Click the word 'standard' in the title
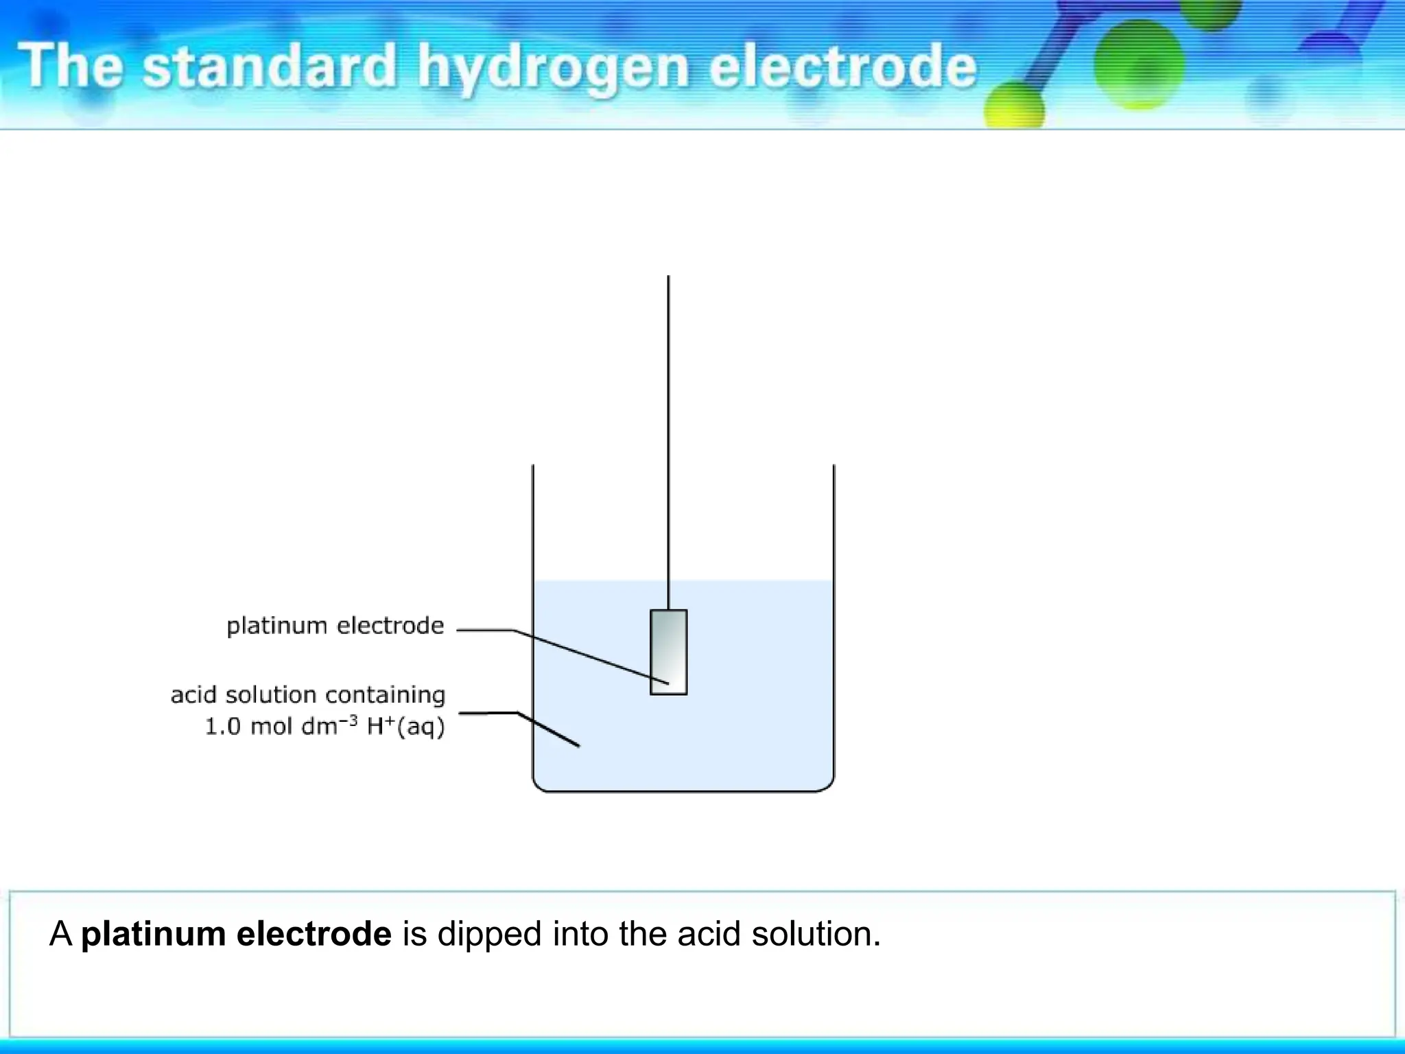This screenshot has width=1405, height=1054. click(x=269, y=67)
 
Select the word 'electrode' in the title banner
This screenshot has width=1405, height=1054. click(x=842, y=67)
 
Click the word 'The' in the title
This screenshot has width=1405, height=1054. click(x=71, y=66)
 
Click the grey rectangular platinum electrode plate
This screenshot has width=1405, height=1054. click(x=668, y=652)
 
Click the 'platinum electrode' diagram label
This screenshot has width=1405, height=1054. click(x=335, y=626)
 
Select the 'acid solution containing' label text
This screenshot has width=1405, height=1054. click(x=308, y=694)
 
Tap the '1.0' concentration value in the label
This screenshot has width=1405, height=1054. click(x=223, y=726)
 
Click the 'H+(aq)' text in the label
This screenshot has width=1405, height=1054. click(x=405, y=726)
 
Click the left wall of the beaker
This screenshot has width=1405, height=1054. click(x=533, y=618)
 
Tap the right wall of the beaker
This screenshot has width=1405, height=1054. click(x=834, y=618)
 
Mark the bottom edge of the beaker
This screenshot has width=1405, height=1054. click(x=683, y=791)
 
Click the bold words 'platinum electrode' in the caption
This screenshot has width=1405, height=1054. click(x=236, y=934)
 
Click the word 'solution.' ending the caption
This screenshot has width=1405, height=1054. click(x=816, y=934)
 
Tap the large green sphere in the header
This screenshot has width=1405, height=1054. click(x=1139, y=63)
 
